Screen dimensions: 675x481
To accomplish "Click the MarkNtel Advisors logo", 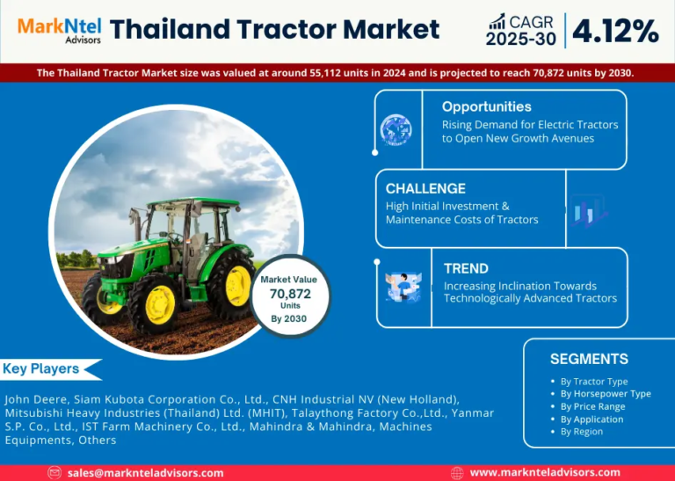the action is tap(60, 30).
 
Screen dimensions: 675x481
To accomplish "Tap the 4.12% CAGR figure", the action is tap(615, 32).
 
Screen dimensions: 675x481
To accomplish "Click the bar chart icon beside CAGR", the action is tap(497, 21).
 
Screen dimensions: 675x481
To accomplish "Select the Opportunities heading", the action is tap(486, 106).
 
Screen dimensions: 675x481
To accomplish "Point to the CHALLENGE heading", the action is tap(425, 188).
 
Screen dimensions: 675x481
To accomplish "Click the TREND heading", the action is tap(466, 269).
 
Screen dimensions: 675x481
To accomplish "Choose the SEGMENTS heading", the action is tap(589, 359).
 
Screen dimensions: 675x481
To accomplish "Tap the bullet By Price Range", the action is tap(592, 406).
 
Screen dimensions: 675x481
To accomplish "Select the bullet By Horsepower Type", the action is tap(606, 394).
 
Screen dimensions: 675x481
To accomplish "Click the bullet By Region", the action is tap(582, 432).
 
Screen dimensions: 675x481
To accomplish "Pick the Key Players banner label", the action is tap(41, 369).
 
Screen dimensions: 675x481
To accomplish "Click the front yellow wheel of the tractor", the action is tap(160, 304).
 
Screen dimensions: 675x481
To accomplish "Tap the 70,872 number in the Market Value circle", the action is tap(290, 294).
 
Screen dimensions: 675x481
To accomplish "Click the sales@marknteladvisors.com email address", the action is tap(146, 473).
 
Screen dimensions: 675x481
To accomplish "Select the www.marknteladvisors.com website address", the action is tap(545, 473).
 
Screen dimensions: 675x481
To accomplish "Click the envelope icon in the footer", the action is tap(54, 473).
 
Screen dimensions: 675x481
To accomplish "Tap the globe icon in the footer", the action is tap(457, 473).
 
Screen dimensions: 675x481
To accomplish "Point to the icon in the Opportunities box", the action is tap(396, 129).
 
